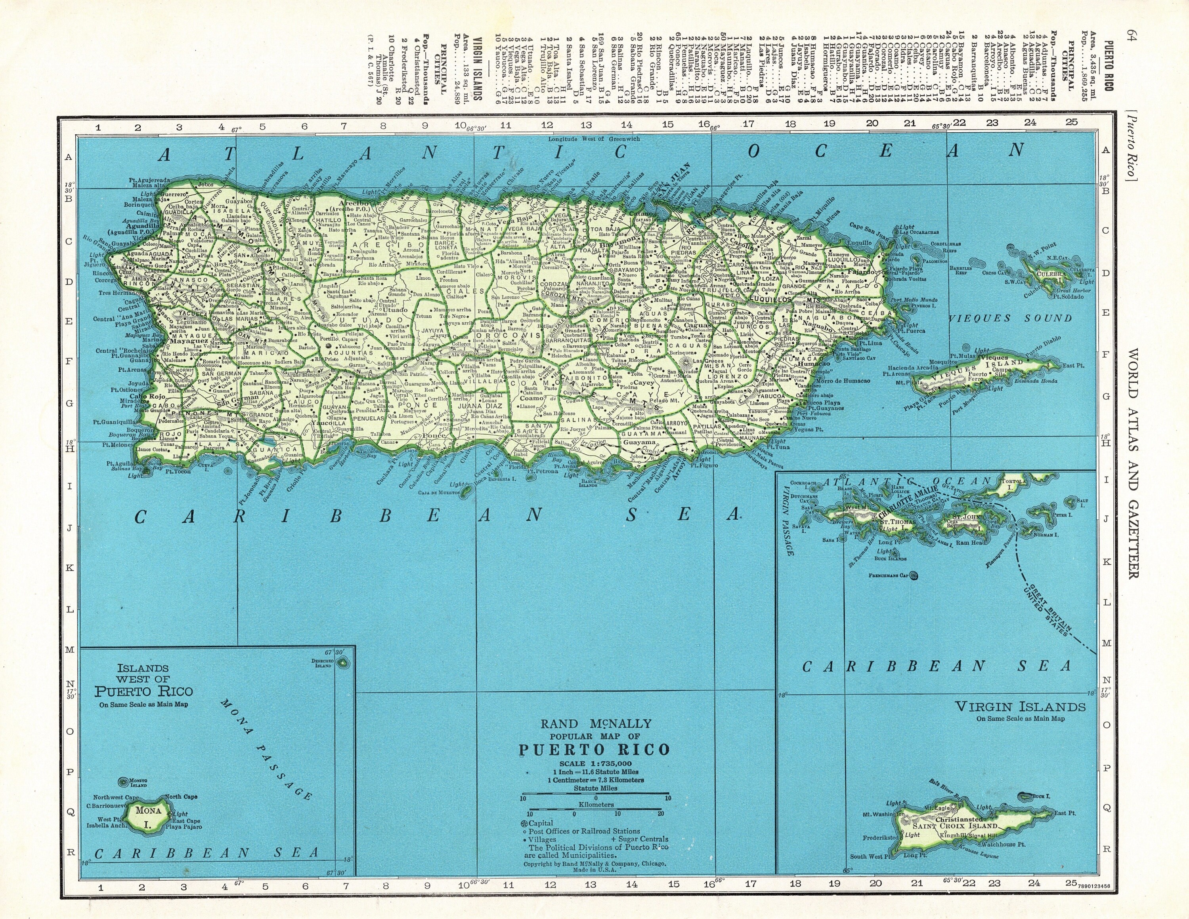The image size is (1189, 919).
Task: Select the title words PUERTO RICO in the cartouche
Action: coord(594,750)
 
